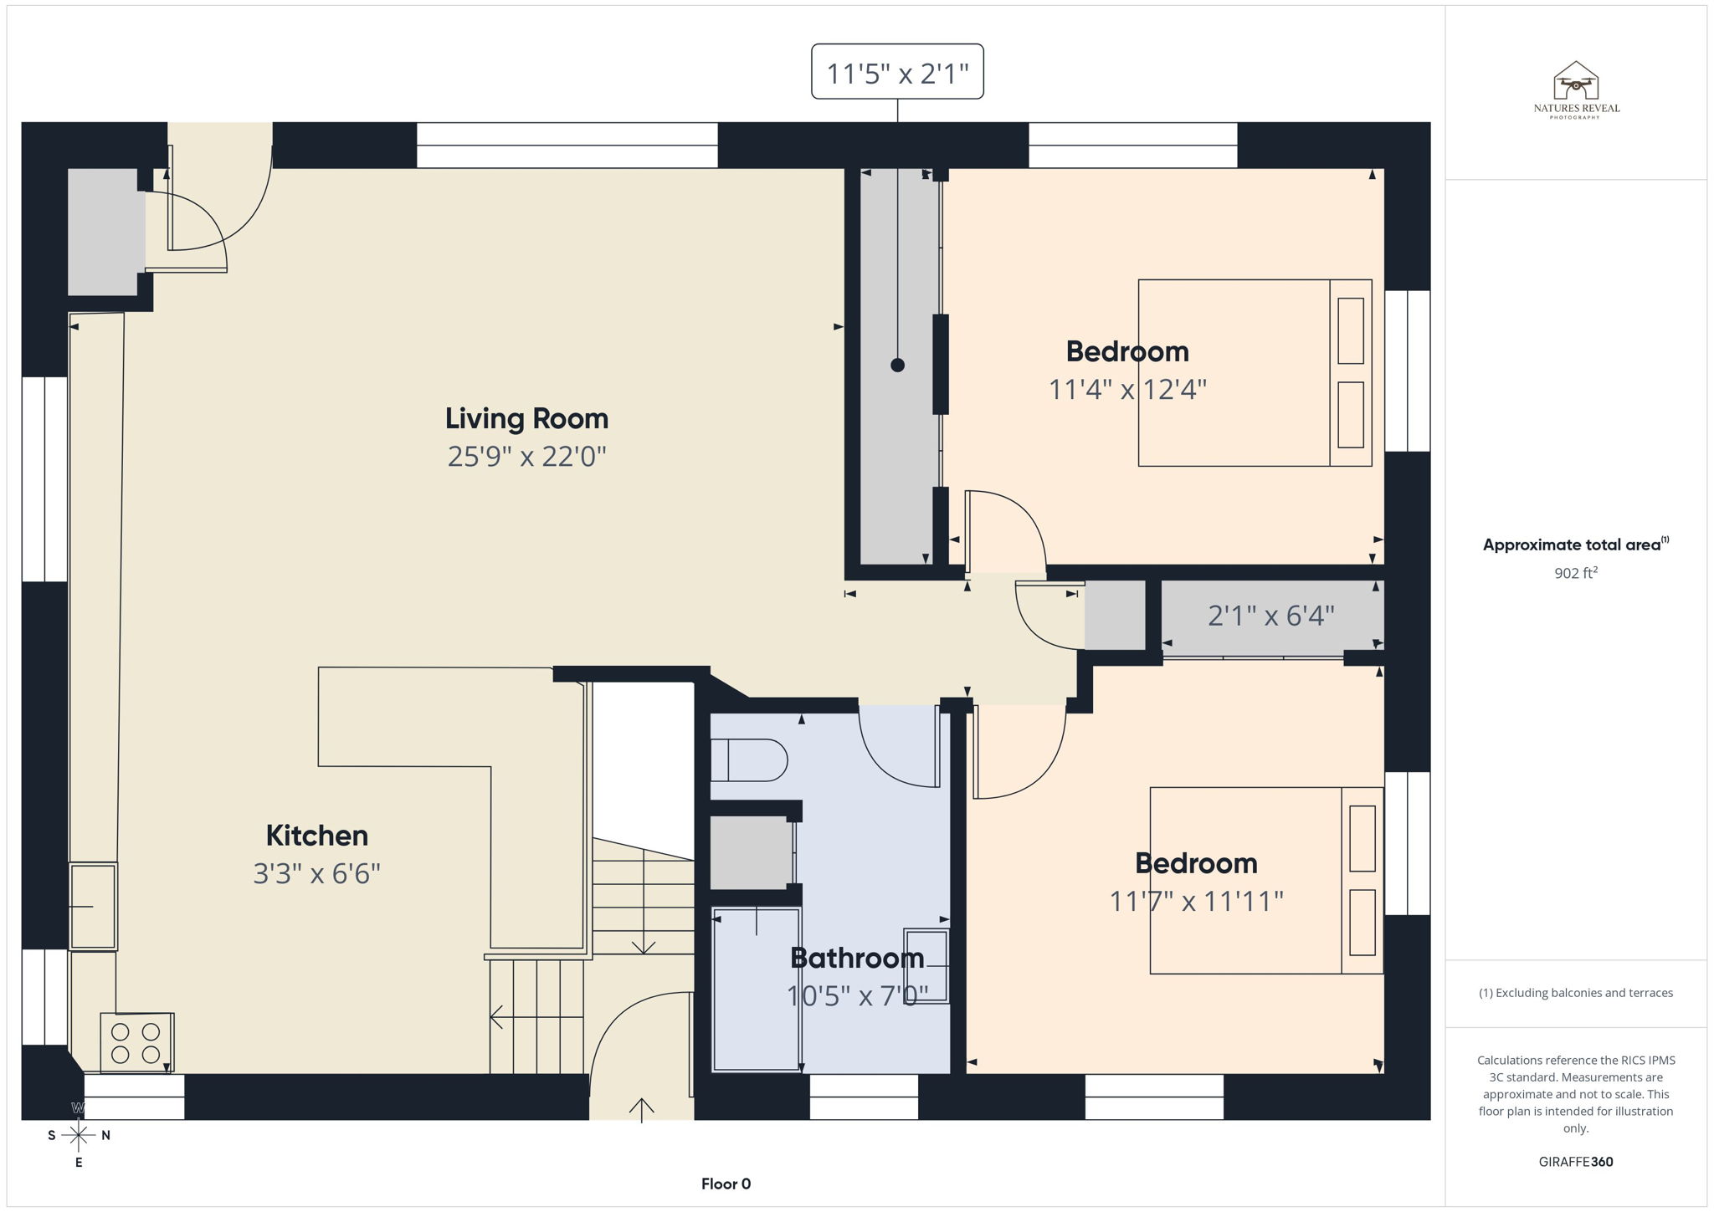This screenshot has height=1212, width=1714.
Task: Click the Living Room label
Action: pos(526,418)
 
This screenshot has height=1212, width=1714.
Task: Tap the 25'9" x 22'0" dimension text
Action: pos(526,457)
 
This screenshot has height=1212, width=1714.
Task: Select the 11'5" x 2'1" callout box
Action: pos(897,73)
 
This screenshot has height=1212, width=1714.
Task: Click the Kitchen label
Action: pos(316,836)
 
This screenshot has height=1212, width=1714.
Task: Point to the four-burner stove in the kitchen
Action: pos(136,1042)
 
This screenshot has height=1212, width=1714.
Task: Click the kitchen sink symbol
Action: pos(93,906)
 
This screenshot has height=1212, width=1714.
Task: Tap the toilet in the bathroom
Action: pos(748,759)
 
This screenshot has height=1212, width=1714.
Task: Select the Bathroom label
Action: pos(857,958)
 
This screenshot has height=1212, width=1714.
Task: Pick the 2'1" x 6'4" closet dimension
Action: pos(1270,616)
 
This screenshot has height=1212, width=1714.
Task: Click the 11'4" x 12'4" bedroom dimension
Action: pos(1127,390)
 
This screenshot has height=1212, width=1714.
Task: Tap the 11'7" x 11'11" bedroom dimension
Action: pos(1196,902)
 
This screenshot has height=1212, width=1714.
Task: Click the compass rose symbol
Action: pos(78,1135)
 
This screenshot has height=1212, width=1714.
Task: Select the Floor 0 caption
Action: pos(726,1184)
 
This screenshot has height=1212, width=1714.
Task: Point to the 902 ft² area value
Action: pos(1576,573)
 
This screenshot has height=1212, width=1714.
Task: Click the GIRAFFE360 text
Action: pos(1576,1162)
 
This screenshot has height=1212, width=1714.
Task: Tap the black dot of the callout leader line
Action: pos(898,365)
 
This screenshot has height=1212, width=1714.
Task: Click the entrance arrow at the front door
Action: pos(642,1109)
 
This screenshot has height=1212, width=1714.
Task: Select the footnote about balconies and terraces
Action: pos(1576,993)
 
